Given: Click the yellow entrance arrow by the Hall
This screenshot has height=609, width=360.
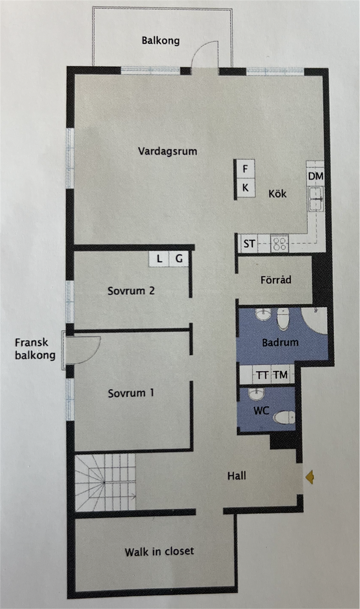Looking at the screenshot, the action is click(310, 476).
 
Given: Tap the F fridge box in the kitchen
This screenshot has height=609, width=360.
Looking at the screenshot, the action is click(245, 169).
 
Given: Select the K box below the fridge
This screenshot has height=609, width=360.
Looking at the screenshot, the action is click(245, 188).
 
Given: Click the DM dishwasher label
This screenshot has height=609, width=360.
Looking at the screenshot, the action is click(316, 176).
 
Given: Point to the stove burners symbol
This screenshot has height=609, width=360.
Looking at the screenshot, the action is click(279, 243).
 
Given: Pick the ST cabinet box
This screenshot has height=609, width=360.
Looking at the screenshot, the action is click(249, 243).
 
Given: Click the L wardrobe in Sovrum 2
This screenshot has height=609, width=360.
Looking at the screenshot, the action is click(159, 259).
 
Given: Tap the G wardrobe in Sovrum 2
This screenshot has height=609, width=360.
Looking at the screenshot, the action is click(179, 259).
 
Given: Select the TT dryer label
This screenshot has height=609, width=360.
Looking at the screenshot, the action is click(262, 375).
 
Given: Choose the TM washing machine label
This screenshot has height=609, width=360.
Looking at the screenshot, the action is click(281, 375).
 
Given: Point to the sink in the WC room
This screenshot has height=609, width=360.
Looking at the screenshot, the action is click(257, 394).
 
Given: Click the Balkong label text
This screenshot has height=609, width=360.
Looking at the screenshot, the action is click(160, 41).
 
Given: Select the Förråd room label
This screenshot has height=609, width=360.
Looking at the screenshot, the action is click(276, 280).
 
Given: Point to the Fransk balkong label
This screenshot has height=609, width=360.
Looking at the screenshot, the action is click(35, 349).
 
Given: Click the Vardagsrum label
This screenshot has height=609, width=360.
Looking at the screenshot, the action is click(168, 151).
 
